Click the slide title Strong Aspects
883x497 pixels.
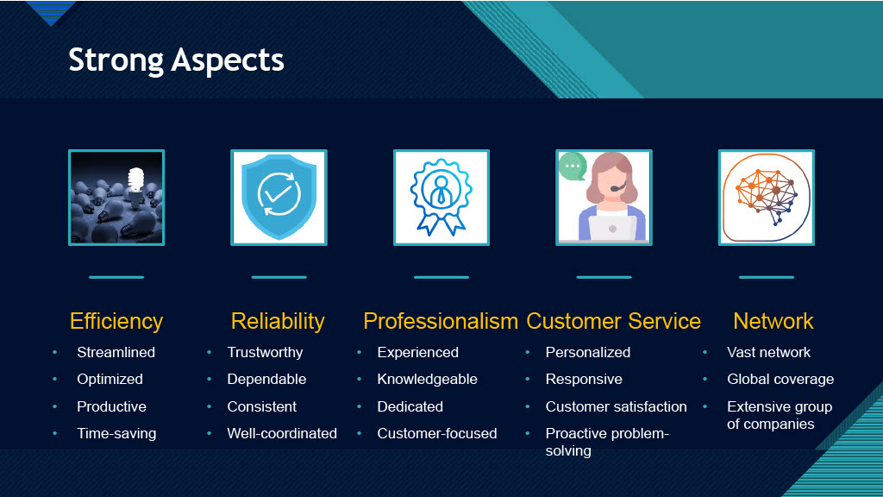176,60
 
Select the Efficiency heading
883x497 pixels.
116,321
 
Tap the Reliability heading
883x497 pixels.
278,321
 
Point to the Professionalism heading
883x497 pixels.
441,321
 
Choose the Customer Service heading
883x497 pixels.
613,321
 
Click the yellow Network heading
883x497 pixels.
773,321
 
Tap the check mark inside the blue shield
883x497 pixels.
279,194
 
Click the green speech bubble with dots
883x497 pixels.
573,167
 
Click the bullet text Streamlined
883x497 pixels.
116,352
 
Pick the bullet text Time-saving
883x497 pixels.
116,433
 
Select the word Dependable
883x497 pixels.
266,380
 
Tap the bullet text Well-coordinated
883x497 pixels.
282,433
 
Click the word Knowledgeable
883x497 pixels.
428,380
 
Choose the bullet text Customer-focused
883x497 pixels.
437,433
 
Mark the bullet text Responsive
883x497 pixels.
584,380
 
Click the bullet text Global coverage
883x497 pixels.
780,380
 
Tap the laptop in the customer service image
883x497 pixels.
613,228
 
